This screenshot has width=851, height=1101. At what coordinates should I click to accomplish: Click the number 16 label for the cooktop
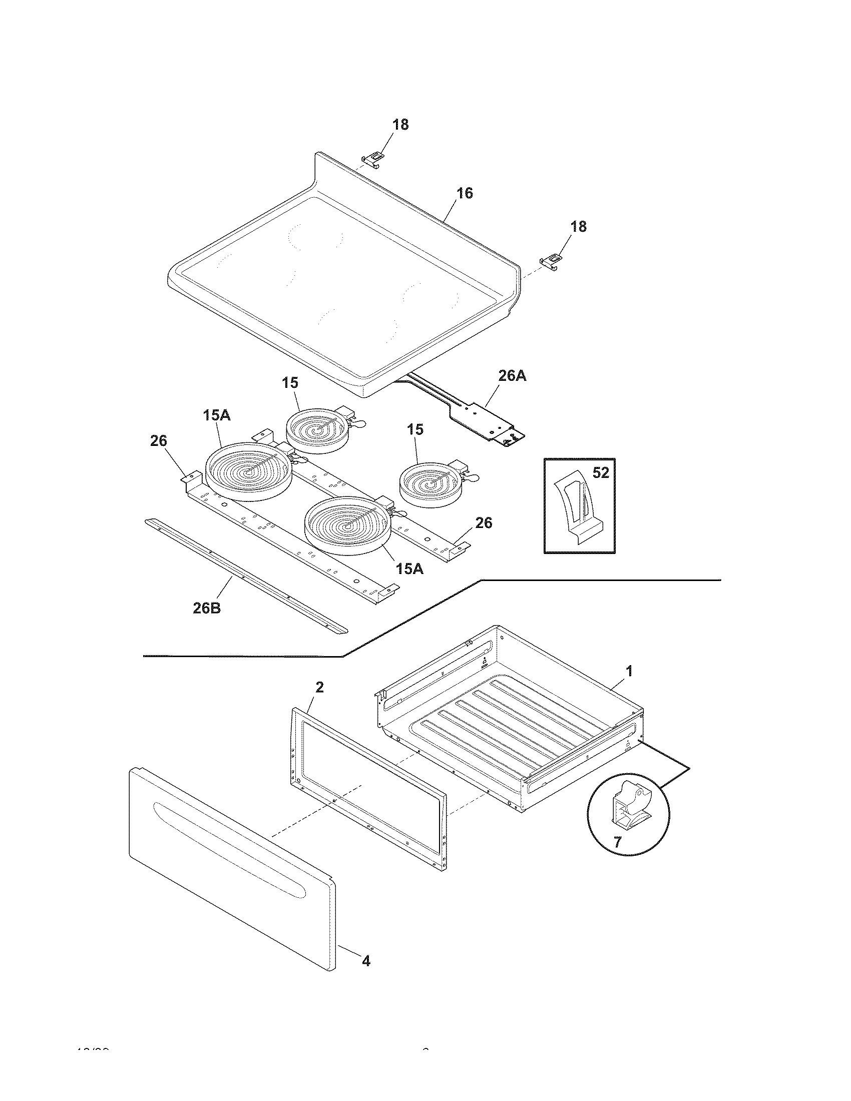pos(465,193)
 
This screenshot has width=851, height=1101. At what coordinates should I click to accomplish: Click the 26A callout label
pos(512,375)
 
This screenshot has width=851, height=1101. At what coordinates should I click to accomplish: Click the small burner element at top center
pos(317,430)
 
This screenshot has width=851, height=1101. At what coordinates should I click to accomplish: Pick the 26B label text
pos(207,608)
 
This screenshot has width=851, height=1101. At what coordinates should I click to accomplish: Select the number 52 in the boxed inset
pos(601,473)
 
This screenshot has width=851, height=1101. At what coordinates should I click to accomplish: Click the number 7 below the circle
pos(618,841)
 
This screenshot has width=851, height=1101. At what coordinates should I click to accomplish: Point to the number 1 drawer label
pos(629,671)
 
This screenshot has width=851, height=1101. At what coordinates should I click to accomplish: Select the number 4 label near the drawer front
pos(366,961)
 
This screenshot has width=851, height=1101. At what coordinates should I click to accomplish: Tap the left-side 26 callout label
pos(158,441)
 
